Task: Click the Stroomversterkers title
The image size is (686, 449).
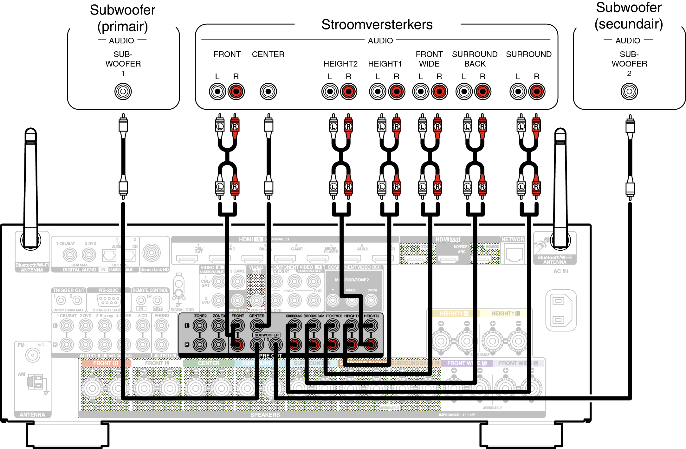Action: pyautogui.click(x=377, y=25)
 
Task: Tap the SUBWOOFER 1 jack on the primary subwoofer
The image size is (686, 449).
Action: pyautogui.click(x=123, y=92)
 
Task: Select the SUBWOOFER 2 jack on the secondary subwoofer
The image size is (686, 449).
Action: pyautogui.click(x=629, y=92)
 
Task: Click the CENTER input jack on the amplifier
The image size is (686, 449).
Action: pyautogui.click(x=268, y=92)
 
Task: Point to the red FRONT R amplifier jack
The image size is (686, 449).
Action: pyautogui.click(x=236, y=92)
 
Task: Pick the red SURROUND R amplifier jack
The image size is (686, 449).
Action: pyautogui.click(x=537, y=92)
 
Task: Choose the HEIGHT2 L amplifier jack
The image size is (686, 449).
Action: pyautogui.click(x=330, y=92)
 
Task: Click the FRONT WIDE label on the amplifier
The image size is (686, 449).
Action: pyautogui.click(x=429, y=59)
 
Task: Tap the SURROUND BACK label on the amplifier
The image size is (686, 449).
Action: pyautogui.click(x=475, y=59)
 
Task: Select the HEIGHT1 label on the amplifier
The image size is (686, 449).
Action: pyautogui.click(x=385, y=64)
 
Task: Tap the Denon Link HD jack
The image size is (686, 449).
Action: pyautogui.click(x=152, y=253)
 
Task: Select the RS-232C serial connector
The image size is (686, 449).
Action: pyautogui.click(x=109, y=300)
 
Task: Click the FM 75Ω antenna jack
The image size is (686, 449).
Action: pyautogui.click(x=33, y=355)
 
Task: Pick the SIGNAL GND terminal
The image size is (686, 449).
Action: pyautogui.click(x=179, y=287)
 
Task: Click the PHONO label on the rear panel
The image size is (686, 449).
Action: pyautogui.click(x=162, y=316)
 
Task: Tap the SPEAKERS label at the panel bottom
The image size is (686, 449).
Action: pyautogui.click(x=265, y=415)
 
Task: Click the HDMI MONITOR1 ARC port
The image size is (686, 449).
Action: pyautogui.click(x=448, y=259)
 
